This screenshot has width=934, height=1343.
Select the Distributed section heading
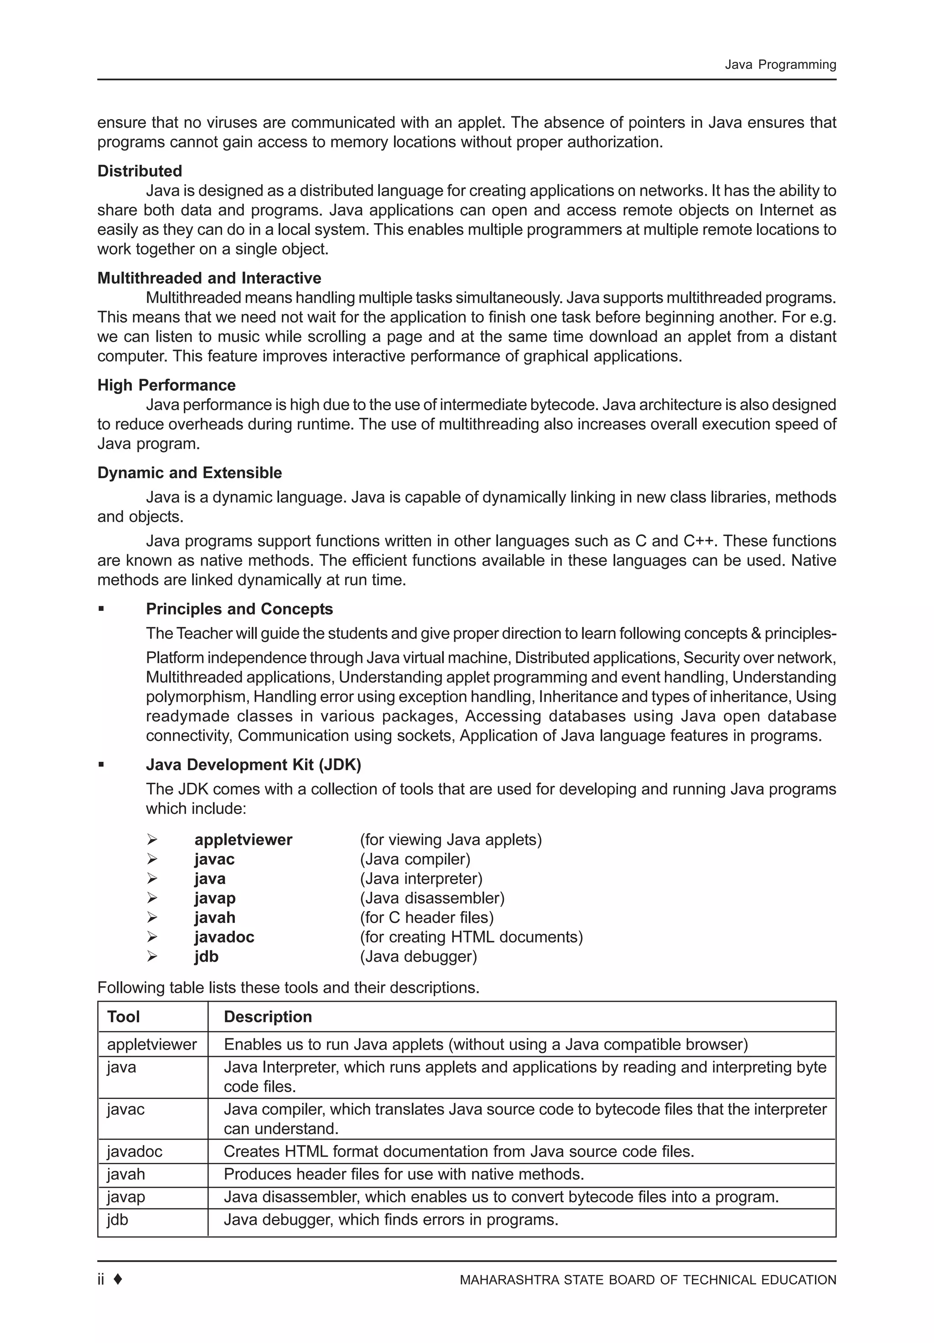tap(139, 171)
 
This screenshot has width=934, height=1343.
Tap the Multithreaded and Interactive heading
tap(209, 278)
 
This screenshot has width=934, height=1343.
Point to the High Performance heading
tap(166, 385)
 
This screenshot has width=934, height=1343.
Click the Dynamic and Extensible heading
tap(189, 473)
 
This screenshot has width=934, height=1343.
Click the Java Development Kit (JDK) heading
tap(253, 765)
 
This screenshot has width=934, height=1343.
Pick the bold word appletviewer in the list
tap(243, 839)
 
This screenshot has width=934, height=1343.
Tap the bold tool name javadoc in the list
tap(224, 937)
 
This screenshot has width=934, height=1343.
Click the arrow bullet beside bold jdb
tap(152, 956)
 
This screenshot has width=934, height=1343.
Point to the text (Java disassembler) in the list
tap(431, 898)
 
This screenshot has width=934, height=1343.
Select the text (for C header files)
tap(426, 917)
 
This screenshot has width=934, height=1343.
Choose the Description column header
tap(267, 1017)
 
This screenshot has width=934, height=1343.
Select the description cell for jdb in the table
tap(391, 1219)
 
